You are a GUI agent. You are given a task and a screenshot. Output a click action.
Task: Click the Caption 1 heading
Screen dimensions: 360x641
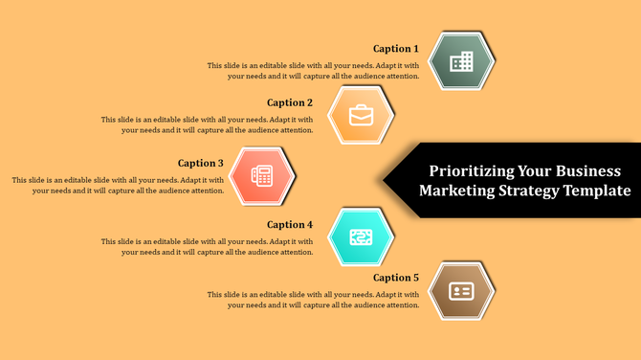point(395,49)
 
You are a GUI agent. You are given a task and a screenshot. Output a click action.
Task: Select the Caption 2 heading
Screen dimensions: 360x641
point(290,103)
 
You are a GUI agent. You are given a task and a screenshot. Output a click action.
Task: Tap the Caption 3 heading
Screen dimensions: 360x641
point(200,164)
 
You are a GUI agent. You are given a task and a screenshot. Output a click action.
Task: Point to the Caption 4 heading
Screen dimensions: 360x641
point(290,225)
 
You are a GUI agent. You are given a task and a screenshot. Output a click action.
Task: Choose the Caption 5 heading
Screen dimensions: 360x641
point(395,278)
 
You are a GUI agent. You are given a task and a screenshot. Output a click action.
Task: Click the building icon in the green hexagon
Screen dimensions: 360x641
point(461,61)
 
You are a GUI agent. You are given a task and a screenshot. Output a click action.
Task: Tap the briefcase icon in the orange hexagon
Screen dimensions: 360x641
point(361,117)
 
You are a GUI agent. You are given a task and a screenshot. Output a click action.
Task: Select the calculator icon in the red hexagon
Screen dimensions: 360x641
point(261,176)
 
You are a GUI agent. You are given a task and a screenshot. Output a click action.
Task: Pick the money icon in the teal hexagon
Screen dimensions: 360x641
point(361,236)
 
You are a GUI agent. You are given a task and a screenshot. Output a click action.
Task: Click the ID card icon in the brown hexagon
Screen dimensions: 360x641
point(461,291)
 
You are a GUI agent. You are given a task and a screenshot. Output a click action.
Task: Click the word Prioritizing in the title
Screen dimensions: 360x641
point(471,171)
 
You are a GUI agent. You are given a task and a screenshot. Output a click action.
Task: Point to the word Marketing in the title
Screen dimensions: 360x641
point(457,191)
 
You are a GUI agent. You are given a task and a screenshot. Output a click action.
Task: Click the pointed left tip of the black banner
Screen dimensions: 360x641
point(385,180)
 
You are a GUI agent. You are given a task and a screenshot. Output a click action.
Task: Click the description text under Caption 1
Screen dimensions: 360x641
point(313,71)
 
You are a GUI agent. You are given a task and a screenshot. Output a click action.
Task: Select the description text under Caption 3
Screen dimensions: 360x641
point(118,185)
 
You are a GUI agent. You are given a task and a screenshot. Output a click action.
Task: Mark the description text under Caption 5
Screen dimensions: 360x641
point(313,300)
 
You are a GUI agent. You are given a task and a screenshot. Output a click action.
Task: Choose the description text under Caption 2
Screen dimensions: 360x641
point(207,124)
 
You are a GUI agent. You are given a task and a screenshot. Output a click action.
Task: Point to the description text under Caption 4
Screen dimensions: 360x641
point(207,247)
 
